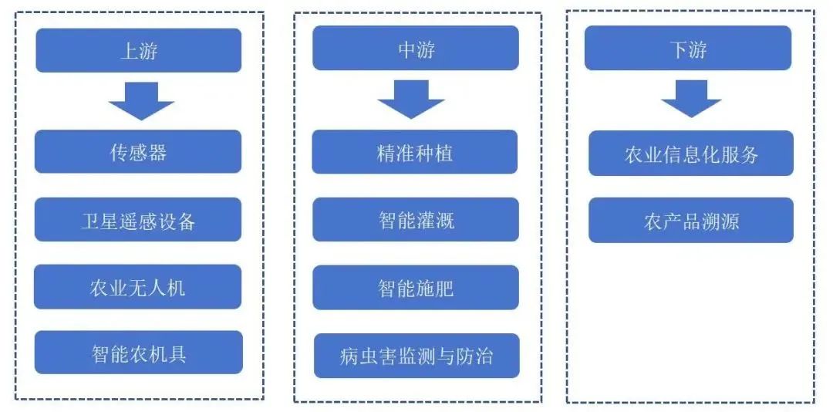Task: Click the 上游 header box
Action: [139, 50]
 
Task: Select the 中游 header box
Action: [416, 48]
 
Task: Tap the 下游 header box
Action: [688, 48]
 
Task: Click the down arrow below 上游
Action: [141, 101]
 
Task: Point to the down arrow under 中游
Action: [411, 100]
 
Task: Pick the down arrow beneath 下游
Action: [691, 99]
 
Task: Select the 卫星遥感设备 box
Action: [138, 220]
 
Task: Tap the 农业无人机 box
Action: [137, 287]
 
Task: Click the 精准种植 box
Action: [415, 152]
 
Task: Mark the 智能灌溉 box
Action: [416, 220]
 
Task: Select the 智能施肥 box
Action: [416, 288]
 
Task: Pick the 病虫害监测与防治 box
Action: [416, 356]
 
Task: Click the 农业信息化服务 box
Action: [691, 153]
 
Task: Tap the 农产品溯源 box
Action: [691, 220]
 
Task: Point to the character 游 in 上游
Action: [148, 51]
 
